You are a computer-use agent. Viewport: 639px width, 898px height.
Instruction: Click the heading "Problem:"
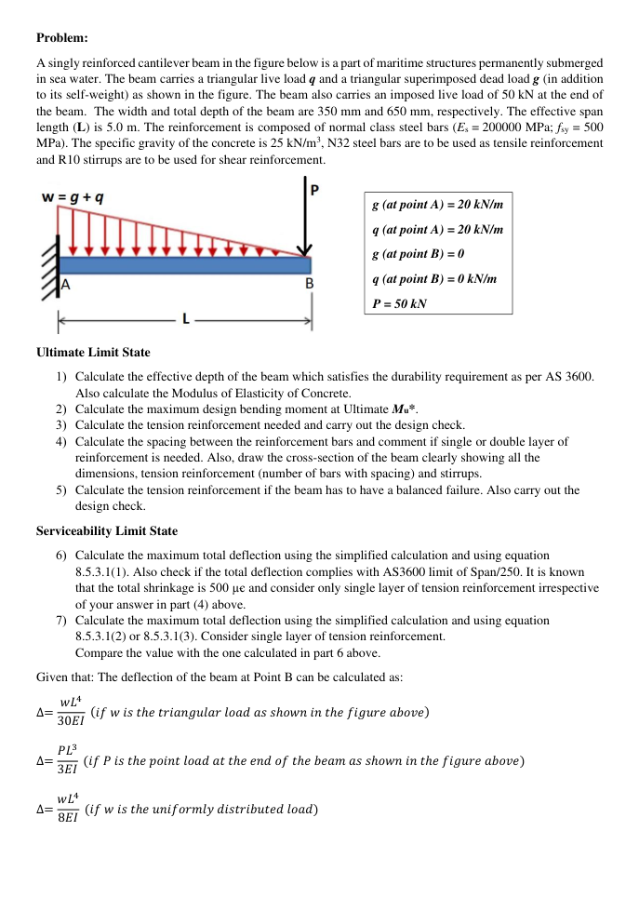pyautogui.click(x=62, y=37)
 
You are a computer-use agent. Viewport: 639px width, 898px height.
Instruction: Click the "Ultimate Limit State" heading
pyautogui.click(x=93, y=353)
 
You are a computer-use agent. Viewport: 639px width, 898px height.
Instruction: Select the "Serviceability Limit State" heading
pyautogui.click(x=107, y=530)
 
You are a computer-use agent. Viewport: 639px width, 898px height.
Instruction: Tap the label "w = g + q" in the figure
pyautogui.click(x=73, y=197)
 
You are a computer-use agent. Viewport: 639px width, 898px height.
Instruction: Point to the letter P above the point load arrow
pyautogui.click(x=314, y=190)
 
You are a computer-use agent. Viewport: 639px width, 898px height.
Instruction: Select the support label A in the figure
pyautogui.click(x=66, y=282)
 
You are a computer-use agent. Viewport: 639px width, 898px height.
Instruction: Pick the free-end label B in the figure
pyautogui.click(x=310, y=282)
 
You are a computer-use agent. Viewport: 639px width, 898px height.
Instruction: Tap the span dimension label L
pyautogui.click(x=186, y=319)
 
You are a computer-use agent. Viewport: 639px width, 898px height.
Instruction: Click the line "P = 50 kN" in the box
pyautogui.click(x=399, y=303)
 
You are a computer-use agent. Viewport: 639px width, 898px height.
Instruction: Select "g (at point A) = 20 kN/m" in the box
pyautogui.click(x=437, y=204)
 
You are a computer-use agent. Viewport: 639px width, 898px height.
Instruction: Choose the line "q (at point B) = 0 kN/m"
pyautogui.click(x=433, y=278)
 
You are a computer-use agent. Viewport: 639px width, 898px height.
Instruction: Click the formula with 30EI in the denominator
pyautogui.click(x=69, y=713)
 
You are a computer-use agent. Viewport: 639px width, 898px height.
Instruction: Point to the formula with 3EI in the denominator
pyautogui.click(x=67, y=761)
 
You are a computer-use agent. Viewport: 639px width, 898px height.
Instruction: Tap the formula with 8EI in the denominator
pyautogui.click(x=67, y=809)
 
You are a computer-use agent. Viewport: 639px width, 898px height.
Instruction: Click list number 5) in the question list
pyautogui.click(x=61, y=489)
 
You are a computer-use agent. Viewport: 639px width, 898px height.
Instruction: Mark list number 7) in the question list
pyautogui.click(x=61, y=620)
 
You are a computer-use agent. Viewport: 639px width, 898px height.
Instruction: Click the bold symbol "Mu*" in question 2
pyautogui.click(x=406, y=409)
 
